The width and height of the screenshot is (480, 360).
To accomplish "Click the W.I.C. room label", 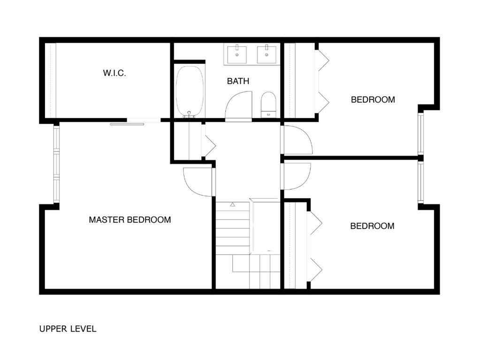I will pyautogui.click(x=114, y=73).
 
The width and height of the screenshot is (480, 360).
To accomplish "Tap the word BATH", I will pyautogui.click(x=238, y=81).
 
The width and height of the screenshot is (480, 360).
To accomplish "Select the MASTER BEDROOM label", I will pyautogui.click(x=130, y=219).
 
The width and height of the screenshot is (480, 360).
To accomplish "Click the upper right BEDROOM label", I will pyautogui.click(x=373, y=99).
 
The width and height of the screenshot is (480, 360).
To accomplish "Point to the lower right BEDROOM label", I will pyautogui.click(x=373, y=226).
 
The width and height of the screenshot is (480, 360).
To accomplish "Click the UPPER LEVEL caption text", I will pyautogui.click(x=68, y=329).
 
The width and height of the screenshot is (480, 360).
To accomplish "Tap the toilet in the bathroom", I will pyautogui.click(x=268, y=104).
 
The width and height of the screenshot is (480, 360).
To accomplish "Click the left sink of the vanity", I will pyautogui.click(x=237, y=54).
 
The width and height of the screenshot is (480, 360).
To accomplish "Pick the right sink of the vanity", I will pyautogui.click(x=267, y=54).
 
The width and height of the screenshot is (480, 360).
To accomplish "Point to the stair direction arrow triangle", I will pyautogui.click(x=232, y=204).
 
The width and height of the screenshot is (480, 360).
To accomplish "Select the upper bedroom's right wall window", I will pyautogui.click(x=421, y=134).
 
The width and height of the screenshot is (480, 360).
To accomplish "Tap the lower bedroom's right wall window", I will pyautogui.click(x=421, y=182).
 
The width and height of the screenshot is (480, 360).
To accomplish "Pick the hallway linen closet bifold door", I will pyautogui.click(x=208, y=140).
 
